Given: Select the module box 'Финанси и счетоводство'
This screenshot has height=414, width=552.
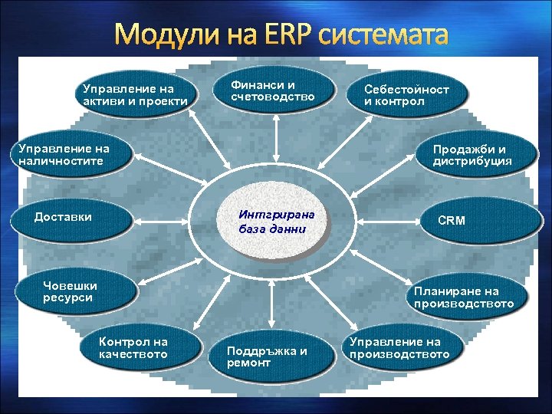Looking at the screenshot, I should pos(273,90).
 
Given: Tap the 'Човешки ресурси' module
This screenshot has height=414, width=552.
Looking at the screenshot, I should pos(74,291).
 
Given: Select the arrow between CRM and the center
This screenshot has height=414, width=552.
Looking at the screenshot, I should pos(383,222).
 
